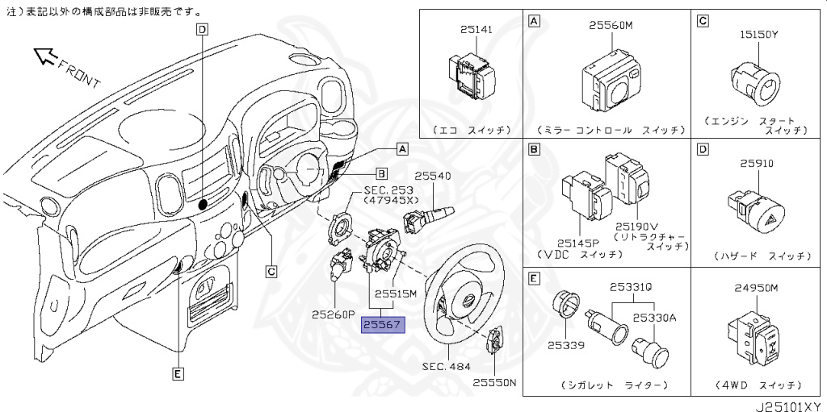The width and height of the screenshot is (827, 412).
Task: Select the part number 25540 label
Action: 432,176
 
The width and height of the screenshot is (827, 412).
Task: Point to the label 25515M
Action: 395,294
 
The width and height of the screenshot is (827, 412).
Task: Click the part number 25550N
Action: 493,383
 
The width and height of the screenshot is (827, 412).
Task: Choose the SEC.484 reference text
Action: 444,365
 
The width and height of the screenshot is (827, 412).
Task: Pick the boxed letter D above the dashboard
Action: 202,30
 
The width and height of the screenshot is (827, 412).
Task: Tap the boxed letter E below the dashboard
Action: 178,372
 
